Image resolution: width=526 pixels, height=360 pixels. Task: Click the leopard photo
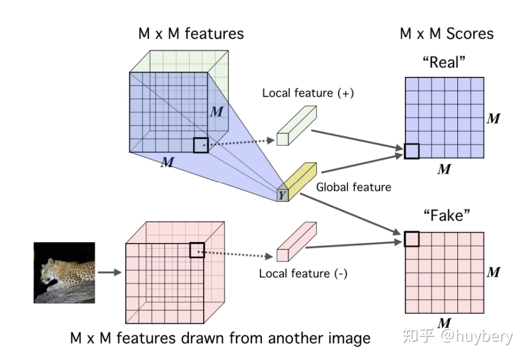point(64,272)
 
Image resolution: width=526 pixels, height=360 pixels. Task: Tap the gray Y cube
point(282,195)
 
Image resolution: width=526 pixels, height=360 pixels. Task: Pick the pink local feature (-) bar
point(296,242)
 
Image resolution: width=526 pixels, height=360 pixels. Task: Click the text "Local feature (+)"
point(308,93)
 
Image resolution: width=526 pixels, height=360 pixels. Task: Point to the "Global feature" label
point(353,187)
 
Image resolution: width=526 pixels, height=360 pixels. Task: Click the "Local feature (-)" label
point(303,273)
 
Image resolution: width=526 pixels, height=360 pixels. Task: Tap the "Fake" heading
point(446,215)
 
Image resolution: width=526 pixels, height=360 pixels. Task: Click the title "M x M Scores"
point(446,33)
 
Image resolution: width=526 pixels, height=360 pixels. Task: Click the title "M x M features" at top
point(191,33)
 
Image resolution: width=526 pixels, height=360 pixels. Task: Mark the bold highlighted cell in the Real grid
point(411,151)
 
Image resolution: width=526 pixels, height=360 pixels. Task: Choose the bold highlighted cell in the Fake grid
point(411,239)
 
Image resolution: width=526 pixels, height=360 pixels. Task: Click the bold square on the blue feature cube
point(200,145)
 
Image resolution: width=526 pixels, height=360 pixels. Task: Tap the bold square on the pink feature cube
point(197,250)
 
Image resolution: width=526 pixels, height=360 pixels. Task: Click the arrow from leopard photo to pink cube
point(109,272)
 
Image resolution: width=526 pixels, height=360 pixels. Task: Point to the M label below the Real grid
point(444,169)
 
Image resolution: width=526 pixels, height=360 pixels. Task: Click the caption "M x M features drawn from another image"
point(220,338)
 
